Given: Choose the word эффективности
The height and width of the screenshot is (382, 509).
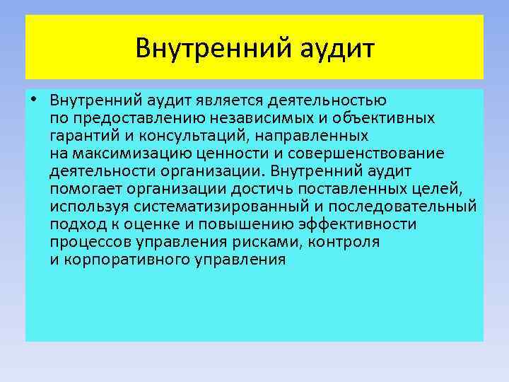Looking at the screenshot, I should pyautogui.click(x=357, y=224).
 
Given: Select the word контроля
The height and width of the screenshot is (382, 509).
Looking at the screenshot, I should pyautogui.click(x=348, y=242).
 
